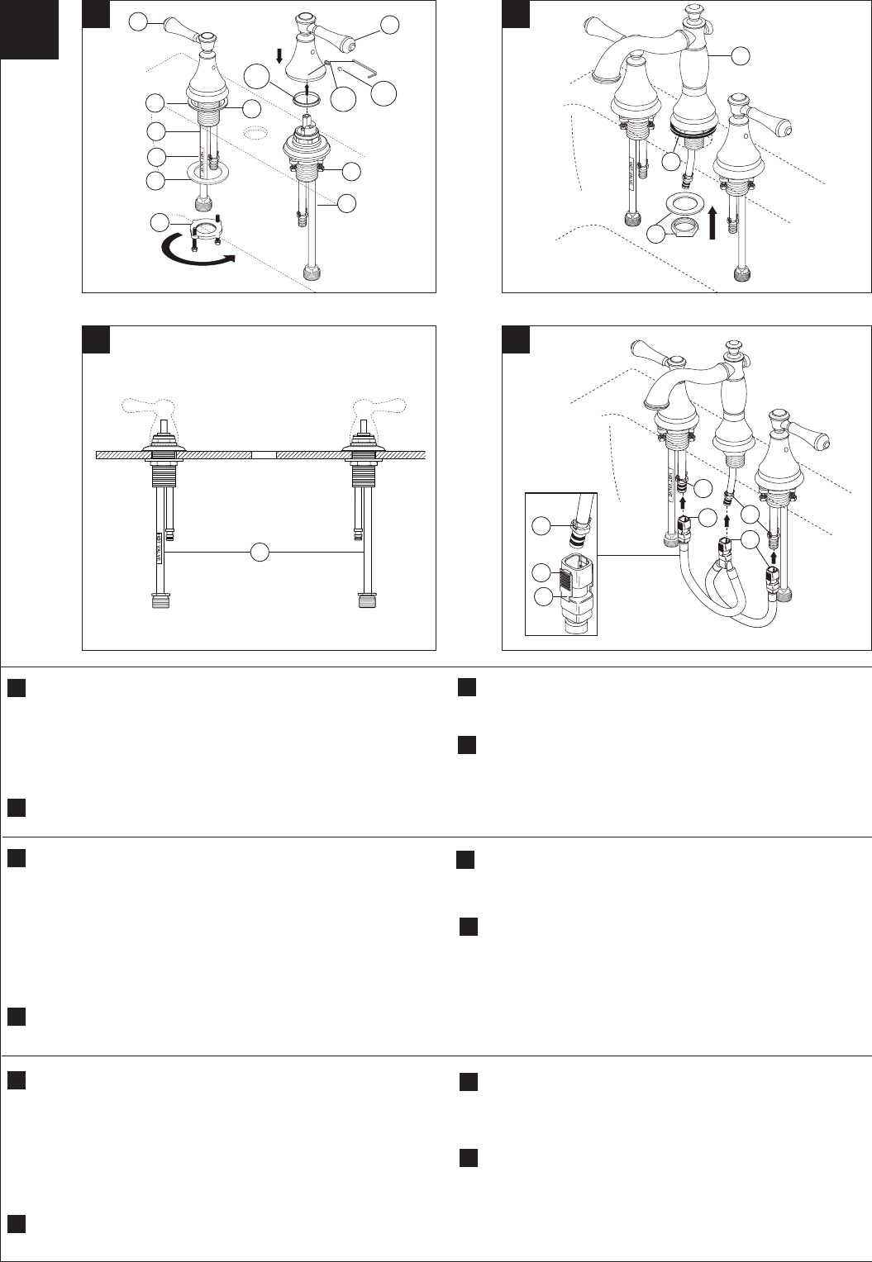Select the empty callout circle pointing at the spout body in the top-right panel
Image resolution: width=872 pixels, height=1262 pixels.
coord(741,55)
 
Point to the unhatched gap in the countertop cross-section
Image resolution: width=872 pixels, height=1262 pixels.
coord(263,455)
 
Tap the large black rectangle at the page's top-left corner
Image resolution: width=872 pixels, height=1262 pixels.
coord(30,30)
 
